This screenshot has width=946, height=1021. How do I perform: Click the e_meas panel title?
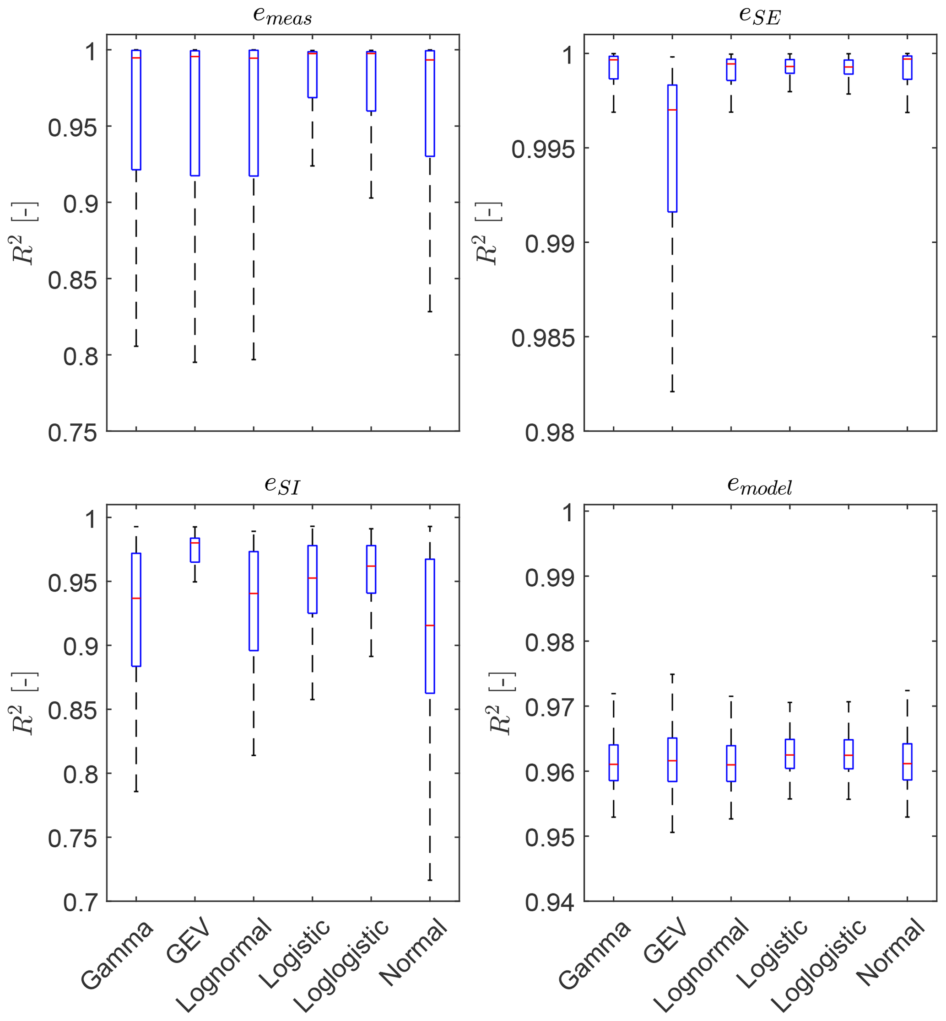coord(282,16)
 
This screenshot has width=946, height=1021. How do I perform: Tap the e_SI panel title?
coord(282,485)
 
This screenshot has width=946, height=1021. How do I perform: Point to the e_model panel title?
coord(760,485)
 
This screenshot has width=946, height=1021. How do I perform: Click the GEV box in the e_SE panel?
coord(672,148)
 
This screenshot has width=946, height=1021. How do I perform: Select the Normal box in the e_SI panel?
coord(430,626)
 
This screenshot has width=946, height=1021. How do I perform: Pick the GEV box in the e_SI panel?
coord(195,550)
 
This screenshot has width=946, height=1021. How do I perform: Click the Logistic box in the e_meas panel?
coord(312,75)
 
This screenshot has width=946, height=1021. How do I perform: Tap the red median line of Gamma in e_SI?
coord(136,598)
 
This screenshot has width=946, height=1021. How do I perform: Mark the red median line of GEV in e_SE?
coord(672,110)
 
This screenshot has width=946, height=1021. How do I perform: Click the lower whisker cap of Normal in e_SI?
coord(430,880)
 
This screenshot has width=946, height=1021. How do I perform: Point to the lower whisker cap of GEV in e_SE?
coord(672,392)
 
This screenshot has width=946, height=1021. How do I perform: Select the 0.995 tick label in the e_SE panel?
coord(543,150)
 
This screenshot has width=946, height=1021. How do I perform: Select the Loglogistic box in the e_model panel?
coord(849,754)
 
